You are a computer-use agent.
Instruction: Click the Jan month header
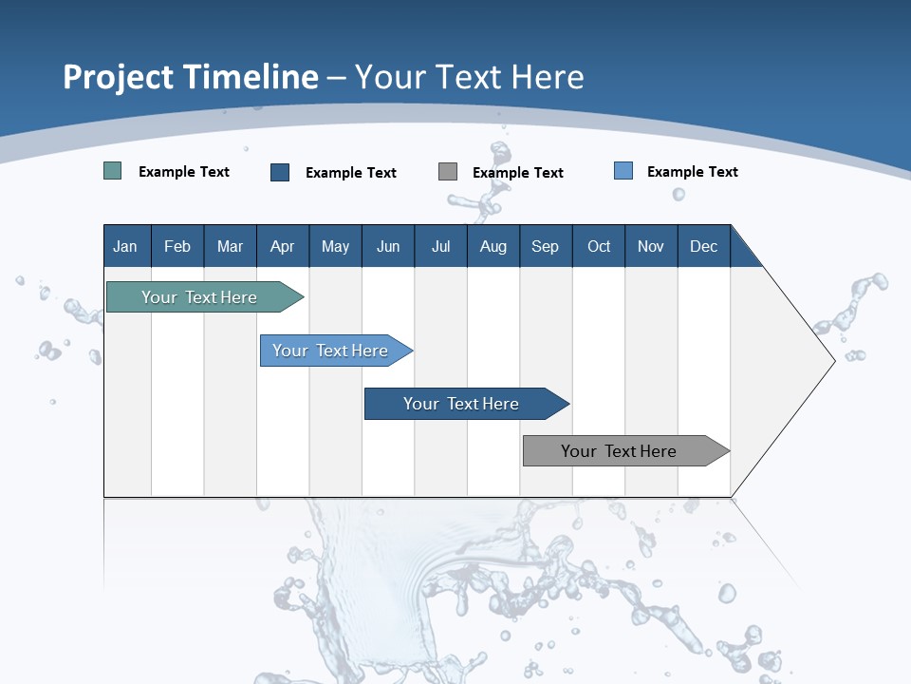coord(125,246)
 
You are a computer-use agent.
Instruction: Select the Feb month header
coord(177,246)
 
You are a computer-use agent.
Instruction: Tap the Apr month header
coord(282,246)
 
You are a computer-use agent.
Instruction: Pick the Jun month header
coord(388,246)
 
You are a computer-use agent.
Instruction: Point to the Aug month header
coord(493,246)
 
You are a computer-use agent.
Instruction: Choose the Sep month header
coord(545,246)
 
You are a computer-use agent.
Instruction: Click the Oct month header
coord(599,246)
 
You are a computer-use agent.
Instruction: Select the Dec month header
coord(703,246)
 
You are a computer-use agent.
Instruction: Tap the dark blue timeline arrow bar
coord(462,404)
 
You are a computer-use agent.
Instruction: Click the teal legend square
coord(113,171)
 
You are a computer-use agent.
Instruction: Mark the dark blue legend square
coord(280,172)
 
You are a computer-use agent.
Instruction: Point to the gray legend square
coord(448,172)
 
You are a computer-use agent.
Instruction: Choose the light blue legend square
coord(623,171)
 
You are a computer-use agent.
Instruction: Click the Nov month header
coord(651,246)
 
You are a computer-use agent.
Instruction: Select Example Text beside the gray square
coord(518,173)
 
